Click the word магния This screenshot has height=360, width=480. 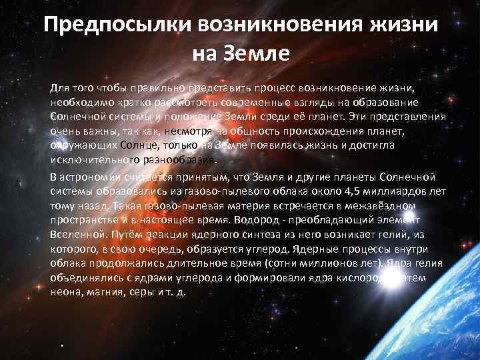(x=106, y=293)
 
